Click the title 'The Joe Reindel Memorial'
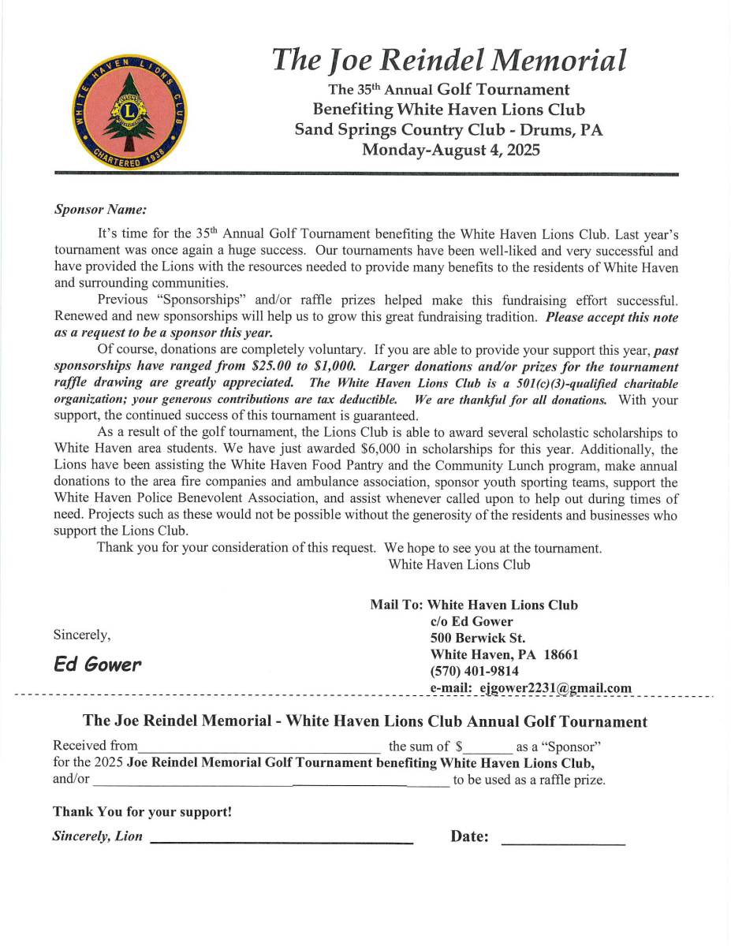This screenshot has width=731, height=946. [x=449, y=60]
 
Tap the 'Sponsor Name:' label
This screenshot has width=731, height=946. [x=100, y=210]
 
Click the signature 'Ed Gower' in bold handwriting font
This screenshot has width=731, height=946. [x=98, y=665]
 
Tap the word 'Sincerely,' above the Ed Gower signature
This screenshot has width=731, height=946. [x=82, y=635]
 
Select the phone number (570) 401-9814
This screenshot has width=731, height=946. [x=474, y=671]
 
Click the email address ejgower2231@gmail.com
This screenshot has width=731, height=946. [x=555, y=687]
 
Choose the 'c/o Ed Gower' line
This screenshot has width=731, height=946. [x=472, y=621]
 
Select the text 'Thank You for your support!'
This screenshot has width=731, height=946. [x=142, y=811]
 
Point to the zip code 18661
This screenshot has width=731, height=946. [x=561, y=654]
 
